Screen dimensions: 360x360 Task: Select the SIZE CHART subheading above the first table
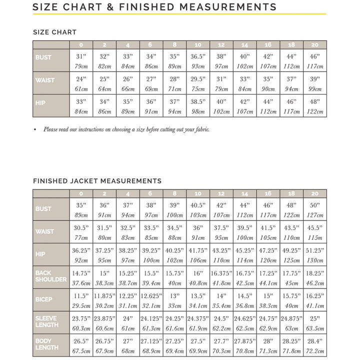point(55,32)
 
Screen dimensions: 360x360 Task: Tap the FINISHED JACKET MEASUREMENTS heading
point(97,181)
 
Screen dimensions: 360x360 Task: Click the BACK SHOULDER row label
point(50,276)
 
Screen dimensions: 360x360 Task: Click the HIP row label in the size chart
point(40,102)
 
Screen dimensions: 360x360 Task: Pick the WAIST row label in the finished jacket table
point(45,231)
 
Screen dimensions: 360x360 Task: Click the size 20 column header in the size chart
point(315,44)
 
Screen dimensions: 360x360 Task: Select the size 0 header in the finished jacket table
point(81,193)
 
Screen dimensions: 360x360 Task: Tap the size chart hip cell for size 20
point(315,106)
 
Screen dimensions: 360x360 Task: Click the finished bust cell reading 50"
point(315,209)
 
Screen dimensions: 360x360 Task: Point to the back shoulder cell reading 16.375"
point(221,276)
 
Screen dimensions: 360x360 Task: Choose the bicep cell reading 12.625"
point(151,299)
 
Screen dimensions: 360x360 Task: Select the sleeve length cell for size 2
point(104,321)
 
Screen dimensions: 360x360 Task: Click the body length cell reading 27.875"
point(245,344)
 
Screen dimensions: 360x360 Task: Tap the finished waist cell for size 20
point(315,232)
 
